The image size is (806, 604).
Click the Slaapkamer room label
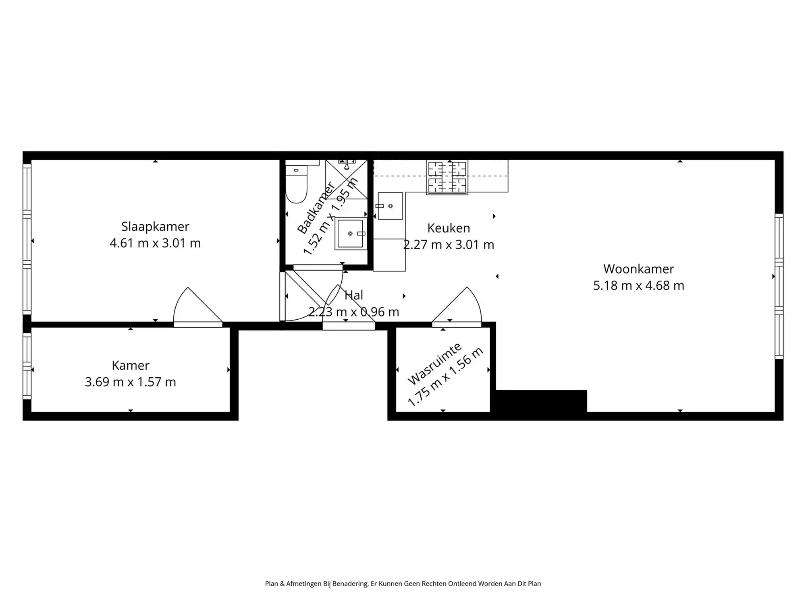[155, 226]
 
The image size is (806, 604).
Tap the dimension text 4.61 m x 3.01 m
[155, 243]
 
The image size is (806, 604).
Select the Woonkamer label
[638, 269]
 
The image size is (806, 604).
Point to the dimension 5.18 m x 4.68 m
[638, 285]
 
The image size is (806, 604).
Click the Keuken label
[449, 228]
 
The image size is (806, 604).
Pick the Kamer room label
[130, 365]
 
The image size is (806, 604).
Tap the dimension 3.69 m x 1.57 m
[130, 382]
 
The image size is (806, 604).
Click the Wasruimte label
[434, 364]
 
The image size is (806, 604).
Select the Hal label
[354, 295]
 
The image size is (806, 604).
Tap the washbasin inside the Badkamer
[350, 234]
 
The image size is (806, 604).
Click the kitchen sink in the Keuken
[390, 206]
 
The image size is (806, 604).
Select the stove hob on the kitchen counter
[447, 177]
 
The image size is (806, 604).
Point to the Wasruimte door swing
[459, 308]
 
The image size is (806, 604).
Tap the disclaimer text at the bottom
[403, 583]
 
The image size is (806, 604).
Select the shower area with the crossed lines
[347, 179]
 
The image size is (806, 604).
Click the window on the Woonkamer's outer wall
[779, 286]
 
